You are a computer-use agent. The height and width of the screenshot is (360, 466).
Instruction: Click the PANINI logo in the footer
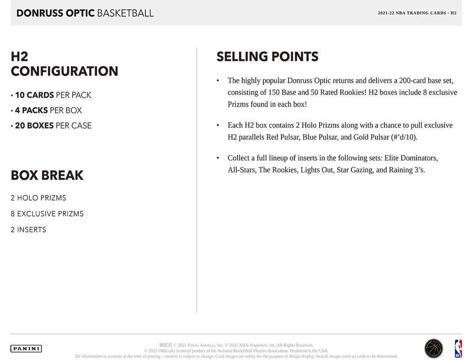[26, 348]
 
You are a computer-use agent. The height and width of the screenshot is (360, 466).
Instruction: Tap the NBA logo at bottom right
[459, 348]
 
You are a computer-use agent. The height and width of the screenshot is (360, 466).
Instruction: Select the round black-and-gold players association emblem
[434, 348]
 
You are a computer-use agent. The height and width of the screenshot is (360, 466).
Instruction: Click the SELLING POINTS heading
[267, 57]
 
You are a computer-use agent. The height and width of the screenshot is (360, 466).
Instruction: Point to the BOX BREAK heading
[47, 176]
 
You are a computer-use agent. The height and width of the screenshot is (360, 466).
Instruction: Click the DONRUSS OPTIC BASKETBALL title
[85, 13]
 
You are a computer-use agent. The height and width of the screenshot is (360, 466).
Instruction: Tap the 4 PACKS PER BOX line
[48, 110]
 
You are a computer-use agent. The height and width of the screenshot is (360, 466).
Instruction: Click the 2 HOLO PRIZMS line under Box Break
[38, 198]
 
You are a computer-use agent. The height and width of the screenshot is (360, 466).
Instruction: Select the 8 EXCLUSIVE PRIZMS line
[47, 214]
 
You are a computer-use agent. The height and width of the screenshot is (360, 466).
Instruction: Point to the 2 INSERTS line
[28, 230]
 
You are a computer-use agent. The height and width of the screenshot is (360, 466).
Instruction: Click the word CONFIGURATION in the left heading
[64, 71]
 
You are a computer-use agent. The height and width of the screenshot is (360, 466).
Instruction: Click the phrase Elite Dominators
[411, 158]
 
